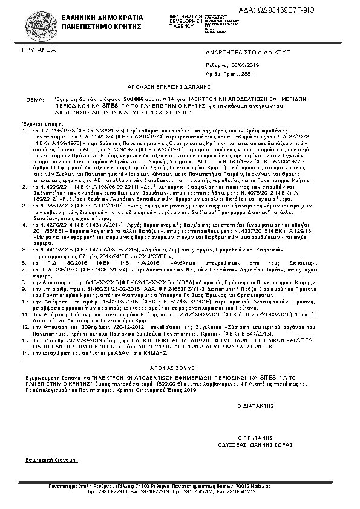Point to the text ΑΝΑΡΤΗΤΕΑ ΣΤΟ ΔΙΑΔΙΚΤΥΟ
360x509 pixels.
(249, 53)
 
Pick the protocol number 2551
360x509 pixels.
(248, 73)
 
